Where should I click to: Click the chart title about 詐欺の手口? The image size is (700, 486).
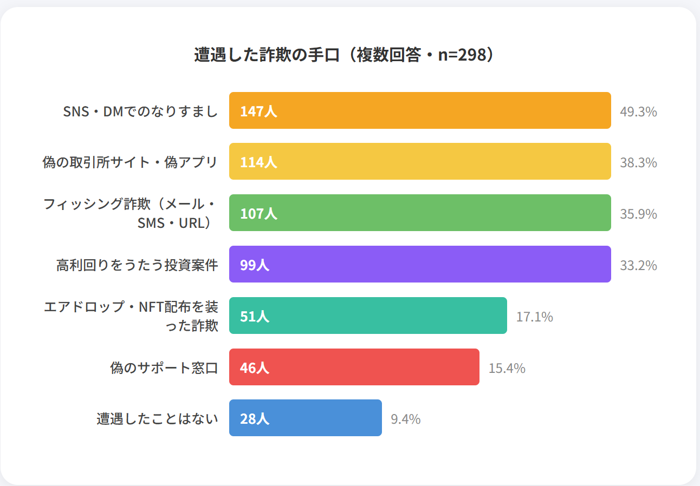coord(344,55)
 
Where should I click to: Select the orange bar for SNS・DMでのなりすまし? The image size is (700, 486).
coord(420,110)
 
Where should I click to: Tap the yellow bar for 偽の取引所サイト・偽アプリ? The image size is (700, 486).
coord(420,161)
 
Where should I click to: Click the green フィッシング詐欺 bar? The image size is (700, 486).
coord(420,213)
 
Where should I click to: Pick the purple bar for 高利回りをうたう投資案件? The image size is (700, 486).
coord(420,264)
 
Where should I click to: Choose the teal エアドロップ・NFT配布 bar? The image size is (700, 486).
coord(368,316)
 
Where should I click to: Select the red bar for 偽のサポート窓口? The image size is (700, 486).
coord(354,367)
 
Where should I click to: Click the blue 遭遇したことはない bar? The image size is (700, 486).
coord(306,418)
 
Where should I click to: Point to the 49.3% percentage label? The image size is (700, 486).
coord(638,111)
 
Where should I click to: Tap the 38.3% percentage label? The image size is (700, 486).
coord(638,162)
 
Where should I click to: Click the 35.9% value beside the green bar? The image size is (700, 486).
coord(638,214)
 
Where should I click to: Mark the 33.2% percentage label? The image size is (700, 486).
coord(638,265)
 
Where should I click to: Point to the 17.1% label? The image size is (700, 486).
coord(534,317)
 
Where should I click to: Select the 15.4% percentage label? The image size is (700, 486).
coord(507,368)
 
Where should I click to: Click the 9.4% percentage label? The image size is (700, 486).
coord(406,419)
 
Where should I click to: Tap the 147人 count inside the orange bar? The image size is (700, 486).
coord(258,111)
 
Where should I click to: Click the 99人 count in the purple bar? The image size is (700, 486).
coord(255,265)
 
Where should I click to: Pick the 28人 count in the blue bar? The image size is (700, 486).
coord(255,419)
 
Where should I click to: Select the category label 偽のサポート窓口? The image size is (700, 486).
coord(164,368)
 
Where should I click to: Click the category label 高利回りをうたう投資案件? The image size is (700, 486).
coord(137,265)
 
